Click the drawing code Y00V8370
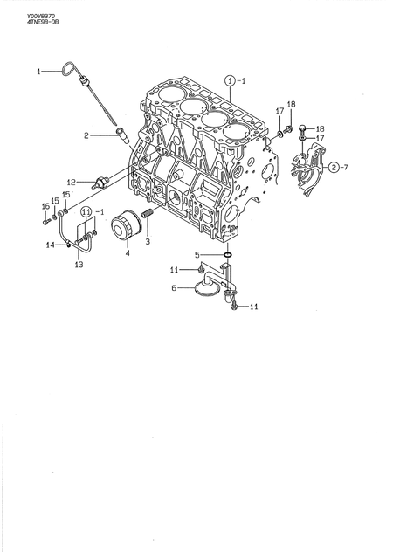click(17, 14)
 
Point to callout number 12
click(72, 183)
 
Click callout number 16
click(45, 206)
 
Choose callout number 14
click(50, 245)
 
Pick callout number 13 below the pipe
click(79, 265)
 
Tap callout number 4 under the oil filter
click(128, 253)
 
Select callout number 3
click(148, 241)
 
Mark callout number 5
click(198, 255)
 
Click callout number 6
click(175, 286)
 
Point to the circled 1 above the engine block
click(230, 80)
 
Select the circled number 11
click(86, 212)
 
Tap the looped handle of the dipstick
click(72, 66)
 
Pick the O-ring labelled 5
click(228, 256)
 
